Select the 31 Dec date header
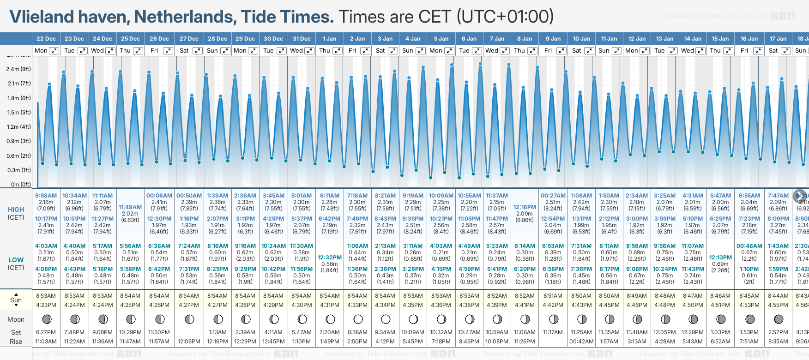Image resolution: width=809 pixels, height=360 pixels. click(302, 39)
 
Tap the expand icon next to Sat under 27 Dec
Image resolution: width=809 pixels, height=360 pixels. click(197, 51)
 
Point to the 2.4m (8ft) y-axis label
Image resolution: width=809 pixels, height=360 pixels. click(18, 69)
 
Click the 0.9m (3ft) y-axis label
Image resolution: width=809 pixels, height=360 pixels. click(18, 141)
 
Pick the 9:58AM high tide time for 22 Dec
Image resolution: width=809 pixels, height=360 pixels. click(46, 196)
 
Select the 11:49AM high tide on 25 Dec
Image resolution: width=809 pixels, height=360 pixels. click(130, 207)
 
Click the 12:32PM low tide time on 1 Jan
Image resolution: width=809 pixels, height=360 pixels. click(330, 258)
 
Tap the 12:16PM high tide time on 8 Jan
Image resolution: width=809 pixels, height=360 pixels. click(525, 207)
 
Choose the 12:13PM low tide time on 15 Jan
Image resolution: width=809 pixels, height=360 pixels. click(720, 258)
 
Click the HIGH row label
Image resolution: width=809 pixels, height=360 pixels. click(16, 210)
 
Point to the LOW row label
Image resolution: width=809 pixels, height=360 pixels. click(16, 260)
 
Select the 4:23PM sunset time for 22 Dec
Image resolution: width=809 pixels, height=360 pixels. click(46, 305)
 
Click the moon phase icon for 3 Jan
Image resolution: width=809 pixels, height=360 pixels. click(386, 319)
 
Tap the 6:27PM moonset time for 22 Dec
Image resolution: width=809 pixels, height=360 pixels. click(46, 332)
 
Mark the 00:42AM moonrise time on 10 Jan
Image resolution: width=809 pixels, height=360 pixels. click(581, 342)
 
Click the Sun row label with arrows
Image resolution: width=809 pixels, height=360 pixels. click(16, 300)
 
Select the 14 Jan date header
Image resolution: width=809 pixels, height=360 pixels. click(693, 39)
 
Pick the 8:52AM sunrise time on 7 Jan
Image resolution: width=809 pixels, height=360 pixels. click(497, 296)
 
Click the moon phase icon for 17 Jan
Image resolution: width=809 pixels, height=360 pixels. click(779, 319)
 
